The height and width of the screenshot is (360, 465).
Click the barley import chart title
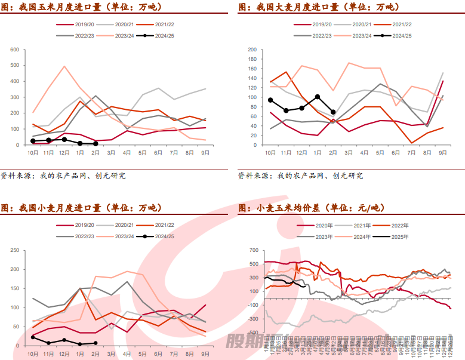(318, 7)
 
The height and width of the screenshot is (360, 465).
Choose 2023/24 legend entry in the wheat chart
(119, 237)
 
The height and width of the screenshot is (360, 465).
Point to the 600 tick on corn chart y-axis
(15, 49)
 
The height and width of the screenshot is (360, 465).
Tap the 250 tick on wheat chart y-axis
(15, 251)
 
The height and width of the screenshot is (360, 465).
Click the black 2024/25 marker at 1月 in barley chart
(318, 97)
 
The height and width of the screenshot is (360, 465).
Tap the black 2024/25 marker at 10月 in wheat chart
(33, 338)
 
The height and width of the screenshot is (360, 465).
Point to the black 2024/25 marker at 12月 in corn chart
(64, 140)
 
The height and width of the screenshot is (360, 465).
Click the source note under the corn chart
(63, 176)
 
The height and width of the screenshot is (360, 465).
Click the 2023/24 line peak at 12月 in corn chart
(64, 66)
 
